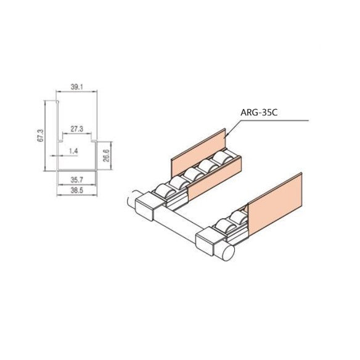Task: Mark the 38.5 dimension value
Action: [x=76, y=192]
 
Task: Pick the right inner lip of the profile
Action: [x=94, y=141]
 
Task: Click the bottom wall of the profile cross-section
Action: [x=76, y=169]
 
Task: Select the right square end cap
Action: [x=210, y=242]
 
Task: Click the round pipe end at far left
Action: [x=131, y=201]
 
